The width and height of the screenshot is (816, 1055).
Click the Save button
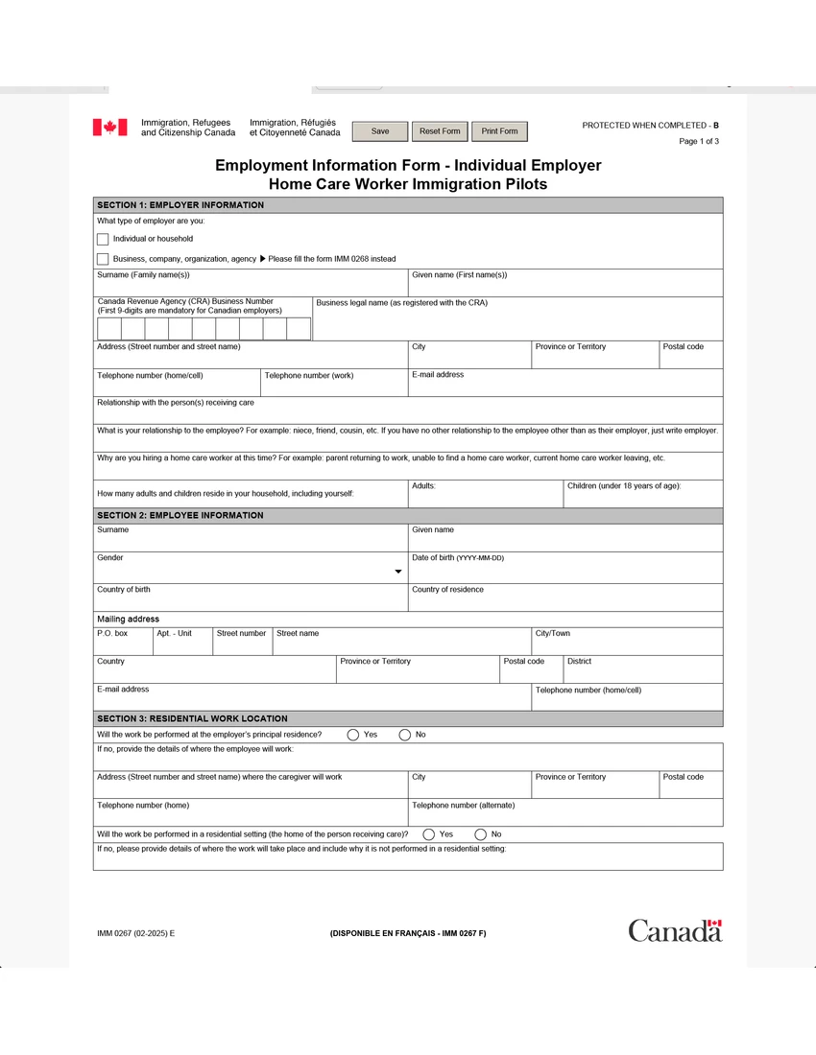[380, 131]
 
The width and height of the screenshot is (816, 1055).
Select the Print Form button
[499, 131]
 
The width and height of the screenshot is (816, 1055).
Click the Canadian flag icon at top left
[109, 128]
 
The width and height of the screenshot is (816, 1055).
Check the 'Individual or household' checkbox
[103, 239]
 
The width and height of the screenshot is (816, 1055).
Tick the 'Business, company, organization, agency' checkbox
[103, 259]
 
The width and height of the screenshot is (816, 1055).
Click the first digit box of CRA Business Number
[109, 329]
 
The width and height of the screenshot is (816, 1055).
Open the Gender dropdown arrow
[398, 572]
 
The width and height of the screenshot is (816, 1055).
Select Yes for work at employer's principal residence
[353, 735]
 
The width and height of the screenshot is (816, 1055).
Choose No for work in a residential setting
[480, 834]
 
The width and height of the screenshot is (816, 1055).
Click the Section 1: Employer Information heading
[180, 205]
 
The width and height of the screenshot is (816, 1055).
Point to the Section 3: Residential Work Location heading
[192, 718]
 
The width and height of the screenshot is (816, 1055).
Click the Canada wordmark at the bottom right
[675, 930]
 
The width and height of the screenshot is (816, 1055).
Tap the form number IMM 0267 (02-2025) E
[136, 933]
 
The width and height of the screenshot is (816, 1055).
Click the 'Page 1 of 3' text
[699, 141]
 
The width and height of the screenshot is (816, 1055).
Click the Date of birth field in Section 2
[566, 572]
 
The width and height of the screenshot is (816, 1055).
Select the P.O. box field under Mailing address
[123, 645]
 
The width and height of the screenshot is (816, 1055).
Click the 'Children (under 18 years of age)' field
[643, 498]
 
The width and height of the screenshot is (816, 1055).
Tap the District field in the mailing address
[643, 673]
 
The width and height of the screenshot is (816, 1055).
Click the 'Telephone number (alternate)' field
[566, 817]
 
